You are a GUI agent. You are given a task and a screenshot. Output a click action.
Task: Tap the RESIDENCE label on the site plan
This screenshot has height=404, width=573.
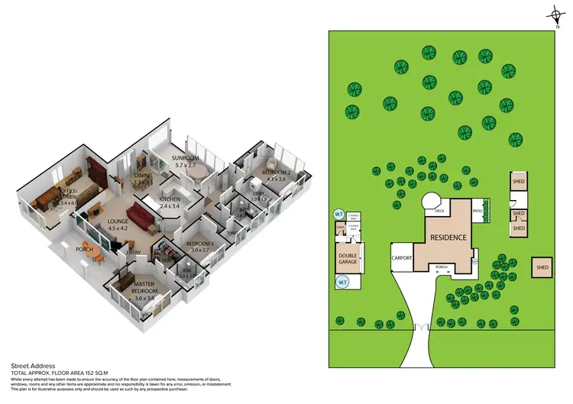448,237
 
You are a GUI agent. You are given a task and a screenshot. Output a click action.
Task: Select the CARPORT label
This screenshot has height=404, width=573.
403,258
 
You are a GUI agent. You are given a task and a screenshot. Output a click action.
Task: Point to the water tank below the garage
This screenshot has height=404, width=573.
342,283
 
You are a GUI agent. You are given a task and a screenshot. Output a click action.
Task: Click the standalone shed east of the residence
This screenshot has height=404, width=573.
542,267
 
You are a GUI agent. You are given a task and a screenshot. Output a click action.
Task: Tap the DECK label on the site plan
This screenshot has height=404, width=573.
439,210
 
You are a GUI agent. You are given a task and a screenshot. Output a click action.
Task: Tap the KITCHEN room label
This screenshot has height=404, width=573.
169,199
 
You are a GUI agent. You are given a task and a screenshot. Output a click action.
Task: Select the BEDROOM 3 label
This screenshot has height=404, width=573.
199,244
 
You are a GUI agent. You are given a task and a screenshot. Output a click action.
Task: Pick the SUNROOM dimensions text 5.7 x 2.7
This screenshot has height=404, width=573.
186,165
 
